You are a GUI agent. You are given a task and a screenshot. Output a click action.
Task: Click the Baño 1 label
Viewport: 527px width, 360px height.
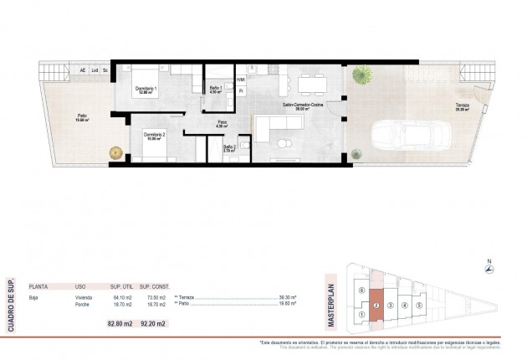click(x=215, y=90)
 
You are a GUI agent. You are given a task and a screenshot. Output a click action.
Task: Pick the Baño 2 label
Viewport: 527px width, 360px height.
click(x=229, y=147)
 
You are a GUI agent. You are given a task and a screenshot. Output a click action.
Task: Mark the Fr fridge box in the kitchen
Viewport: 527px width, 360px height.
click(x=241, y=92)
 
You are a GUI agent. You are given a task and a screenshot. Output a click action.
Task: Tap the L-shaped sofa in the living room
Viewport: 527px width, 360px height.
click(x=275, y=130)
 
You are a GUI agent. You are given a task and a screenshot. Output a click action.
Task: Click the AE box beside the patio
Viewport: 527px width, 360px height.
click(x=82, y=70)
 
